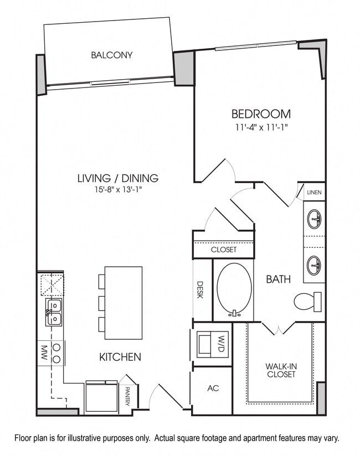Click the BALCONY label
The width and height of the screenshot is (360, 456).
(112, 55)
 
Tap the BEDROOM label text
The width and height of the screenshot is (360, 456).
(261, 114)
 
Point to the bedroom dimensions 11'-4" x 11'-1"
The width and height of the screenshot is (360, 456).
(261, 127)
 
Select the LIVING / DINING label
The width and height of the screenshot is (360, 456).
(117, 178)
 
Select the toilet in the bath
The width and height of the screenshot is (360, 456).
(307, 302)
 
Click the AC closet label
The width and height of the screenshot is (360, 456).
(213, 388)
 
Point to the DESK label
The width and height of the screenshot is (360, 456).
(200, 289)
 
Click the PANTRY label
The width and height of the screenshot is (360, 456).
(127, 396)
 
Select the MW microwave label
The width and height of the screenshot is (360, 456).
(43, 353)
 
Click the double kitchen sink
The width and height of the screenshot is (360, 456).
(54, 312)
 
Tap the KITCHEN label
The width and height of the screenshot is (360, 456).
(120, 357)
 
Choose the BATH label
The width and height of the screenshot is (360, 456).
(278, 279)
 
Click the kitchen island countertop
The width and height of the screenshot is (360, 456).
(123, 303)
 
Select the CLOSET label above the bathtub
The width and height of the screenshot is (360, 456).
(223, 250)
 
